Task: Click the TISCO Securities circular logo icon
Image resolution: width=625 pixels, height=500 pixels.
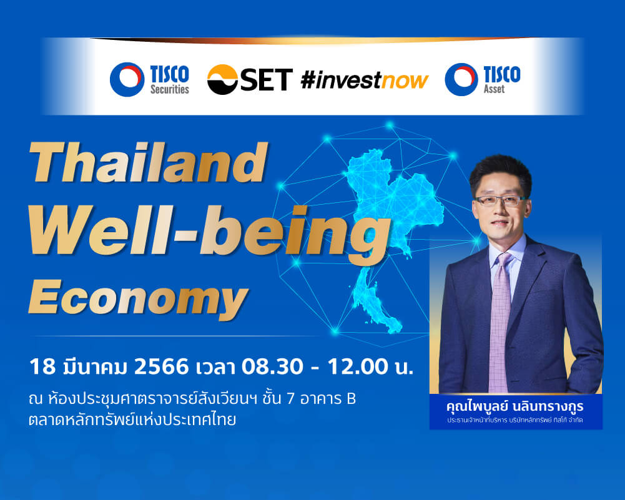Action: [x=127, y=79]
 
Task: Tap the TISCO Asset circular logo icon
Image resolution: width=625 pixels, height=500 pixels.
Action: [x=461, y=79]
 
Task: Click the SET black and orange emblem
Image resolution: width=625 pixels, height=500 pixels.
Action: [x=222, y=80]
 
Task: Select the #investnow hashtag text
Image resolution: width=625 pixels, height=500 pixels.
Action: [x=364, y=80]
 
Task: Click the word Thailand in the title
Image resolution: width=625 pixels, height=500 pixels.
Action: [x=148, y=162]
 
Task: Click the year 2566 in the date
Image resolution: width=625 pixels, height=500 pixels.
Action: [x=161, y=366]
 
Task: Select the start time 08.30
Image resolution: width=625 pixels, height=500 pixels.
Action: [x=272, y=366]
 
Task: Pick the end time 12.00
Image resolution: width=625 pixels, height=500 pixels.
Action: [x=358, y=366]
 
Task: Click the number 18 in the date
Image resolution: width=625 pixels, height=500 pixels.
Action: [x=42, y=366]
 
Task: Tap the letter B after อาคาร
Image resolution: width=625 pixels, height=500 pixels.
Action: [x=351, y=399]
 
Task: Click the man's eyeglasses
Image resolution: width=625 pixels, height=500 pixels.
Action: [x=500, y=200]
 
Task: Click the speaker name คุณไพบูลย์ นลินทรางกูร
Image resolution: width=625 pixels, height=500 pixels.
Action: [x=515, y=407]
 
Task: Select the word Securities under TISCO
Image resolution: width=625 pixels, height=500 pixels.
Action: [x=169, y=89]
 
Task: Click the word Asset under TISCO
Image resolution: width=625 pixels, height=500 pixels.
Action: [x=495, y=89]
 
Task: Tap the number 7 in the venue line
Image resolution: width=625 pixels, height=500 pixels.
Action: [x=290, y=399]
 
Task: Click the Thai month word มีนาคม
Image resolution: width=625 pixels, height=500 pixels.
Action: [x=95, y=366]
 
